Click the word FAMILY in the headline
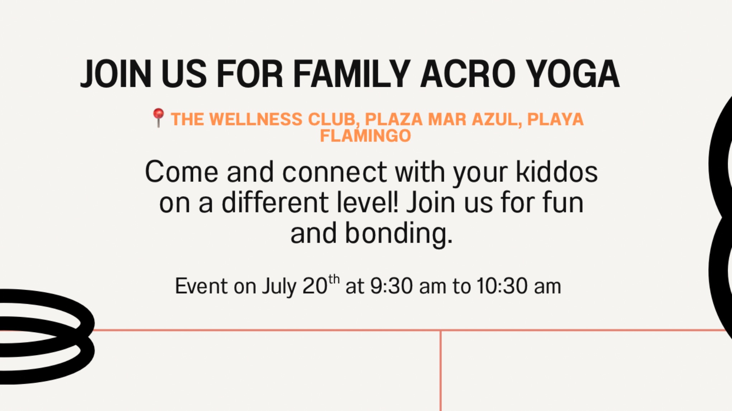(x=352, y=74)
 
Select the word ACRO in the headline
(x=468, y=74)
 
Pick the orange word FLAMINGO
(x=365, y=136)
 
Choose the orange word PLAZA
(x=394, y=119)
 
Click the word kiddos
(x=557, y=172)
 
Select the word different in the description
(x=274, y=203)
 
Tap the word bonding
(x=398, y=233)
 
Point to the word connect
(x=334, y=172)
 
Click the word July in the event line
(x=279, y=286)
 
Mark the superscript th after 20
(x=334, y=279)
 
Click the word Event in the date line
(x=201, y=286)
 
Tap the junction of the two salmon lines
(x=441, y=330)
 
